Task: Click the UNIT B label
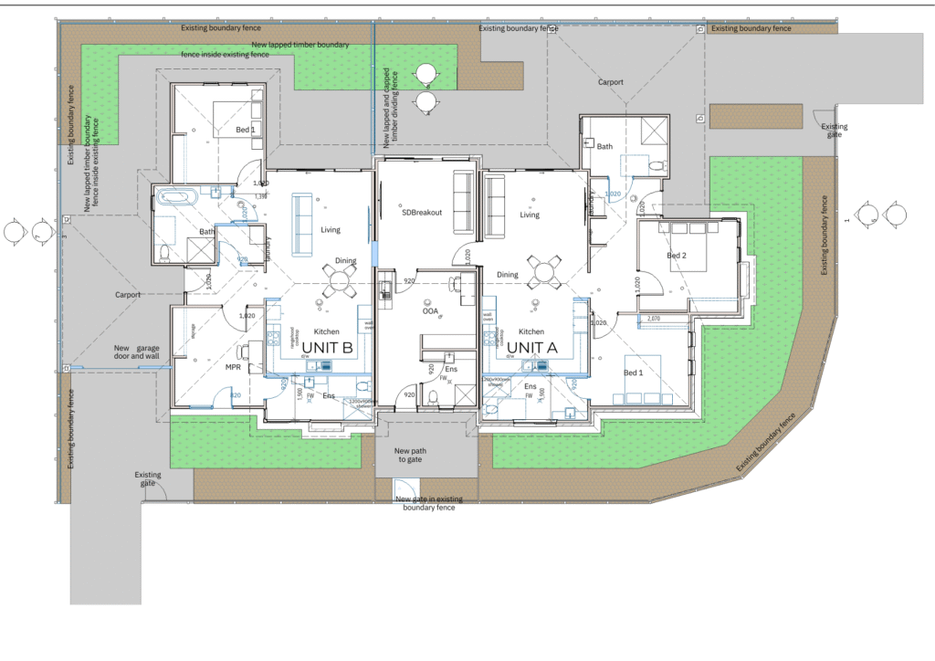(x=328, y=347)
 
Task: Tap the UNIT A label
(x=532, y=347)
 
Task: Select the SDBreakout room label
(x=422, y=213)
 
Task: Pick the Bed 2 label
(x=677, y=256)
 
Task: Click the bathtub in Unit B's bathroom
(x=173, y=195)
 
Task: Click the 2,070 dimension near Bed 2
(x=653, y=319)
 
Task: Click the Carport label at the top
(x=611, y=82)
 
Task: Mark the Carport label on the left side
(x=129, y=295)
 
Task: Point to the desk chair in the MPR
(x=242, y=351)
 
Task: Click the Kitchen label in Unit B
(x=327, y=331)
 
